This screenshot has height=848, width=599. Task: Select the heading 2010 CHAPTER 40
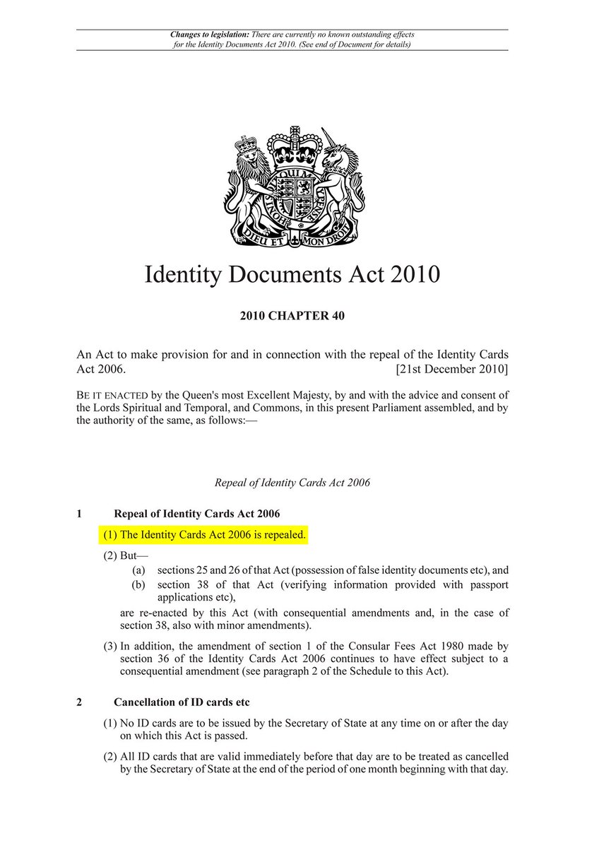[292, 316]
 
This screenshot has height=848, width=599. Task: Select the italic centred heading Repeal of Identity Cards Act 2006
[292, 483]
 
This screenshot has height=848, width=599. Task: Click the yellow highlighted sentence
[205, 535]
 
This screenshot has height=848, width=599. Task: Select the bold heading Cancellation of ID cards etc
[182, 702]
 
